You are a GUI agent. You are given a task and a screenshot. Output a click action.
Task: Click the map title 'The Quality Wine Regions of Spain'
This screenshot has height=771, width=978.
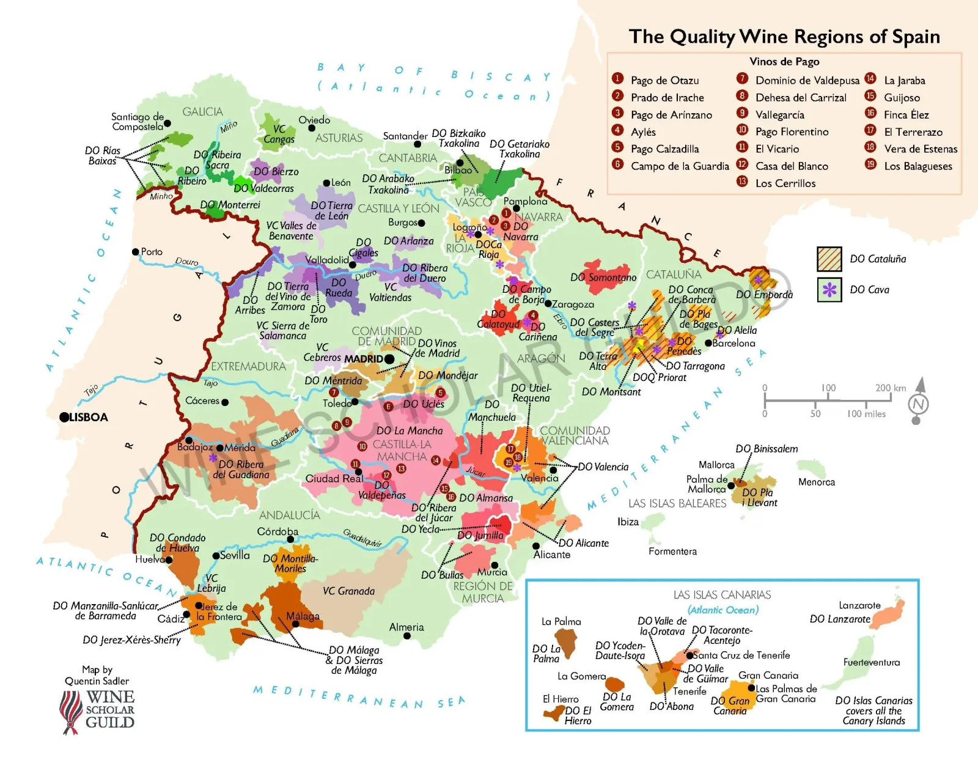coord(784,37)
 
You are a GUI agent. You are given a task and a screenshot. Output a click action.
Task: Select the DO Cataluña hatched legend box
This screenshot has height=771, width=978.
coord(829,259)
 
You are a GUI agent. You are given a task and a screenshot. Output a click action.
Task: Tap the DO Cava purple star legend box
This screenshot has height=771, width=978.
coord(829,290)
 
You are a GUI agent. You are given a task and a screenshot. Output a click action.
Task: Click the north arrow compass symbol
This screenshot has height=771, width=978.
coord(918,402)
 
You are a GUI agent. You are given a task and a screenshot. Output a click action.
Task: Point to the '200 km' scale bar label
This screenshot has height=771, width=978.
coord(890,388)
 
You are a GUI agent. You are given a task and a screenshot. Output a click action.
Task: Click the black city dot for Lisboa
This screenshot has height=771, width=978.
coord(64,417)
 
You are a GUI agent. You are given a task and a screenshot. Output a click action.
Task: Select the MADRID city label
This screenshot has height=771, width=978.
coord(364,359)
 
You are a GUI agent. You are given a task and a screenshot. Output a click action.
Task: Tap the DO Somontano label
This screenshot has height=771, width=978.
coord(603,277)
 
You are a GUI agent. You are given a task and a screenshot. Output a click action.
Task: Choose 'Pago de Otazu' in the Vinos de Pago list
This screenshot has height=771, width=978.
coord(664,80)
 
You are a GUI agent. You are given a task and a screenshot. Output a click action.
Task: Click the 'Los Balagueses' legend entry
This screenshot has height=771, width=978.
coord(917,166)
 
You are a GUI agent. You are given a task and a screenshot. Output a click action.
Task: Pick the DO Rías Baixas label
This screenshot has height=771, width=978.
coord(103,156)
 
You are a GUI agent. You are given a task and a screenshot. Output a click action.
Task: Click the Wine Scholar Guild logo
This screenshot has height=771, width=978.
coord(98,710)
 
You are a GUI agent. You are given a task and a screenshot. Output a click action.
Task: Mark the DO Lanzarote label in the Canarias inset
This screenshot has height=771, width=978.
coord(840,619)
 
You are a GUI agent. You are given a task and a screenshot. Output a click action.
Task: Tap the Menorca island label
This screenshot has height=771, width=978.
coord(816,482)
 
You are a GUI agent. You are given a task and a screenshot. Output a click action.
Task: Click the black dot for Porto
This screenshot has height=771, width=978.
coord(136,252)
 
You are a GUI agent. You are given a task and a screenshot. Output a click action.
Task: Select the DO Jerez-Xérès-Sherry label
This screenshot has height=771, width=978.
coord(132,640)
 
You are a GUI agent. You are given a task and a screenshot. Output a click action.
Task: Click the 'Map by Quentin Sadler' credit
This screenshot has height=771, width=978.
coord(97,675)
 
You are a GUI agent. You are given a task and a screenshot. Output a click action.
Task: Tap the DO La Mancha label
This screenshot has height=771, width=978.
coord(410,430)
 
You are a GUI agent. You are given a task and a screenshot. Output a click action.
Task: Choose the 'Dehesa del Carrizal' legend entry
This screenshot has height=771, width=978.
coord(801,98)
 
